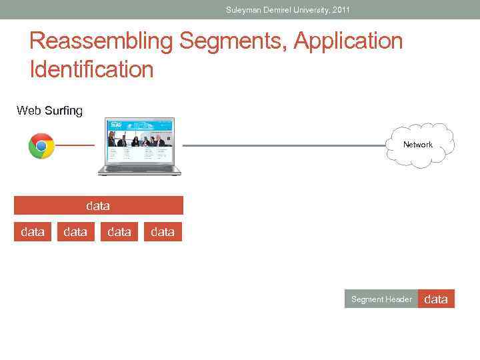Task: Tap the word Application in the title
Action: pyautogui.click(x=349, y=41)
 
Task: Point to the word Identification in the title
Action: pyautogui.click(x=91, y=69)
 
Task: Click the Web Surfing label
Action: pyautogui.click(x=49, y=111)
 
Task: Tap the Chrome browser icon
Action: pyautogui.click(x=41, y=146)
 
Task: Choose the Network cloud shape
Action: pyautogui.click(x=417, y=145)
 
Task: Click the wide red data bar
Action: pyautogui.click(x=98, y=206)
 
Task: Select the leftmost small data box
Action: pyautogui.click(x=33, y=232)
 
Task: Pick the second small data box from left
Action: pyautogui.click(x=75, y=232)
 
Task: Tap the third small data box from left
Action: pyautogui.click(x=119, y=232)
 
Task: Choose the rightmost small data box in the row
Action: pyautogui.click(x=163, y=232)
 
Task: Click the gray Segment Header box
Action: pyautogui.click(x=381, y=299)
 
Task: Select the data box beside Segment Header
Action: pyautogui.click(x=436, y=299)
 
